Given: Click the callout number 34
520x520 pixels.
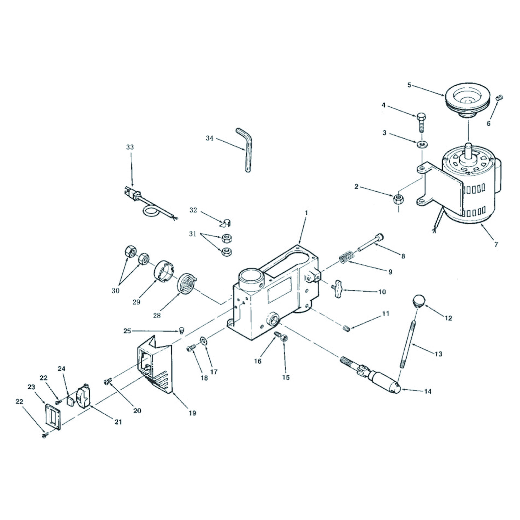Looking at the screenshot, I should click(209, 138).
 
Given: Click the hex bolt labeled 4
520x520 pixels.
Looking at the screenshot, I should click(421, 122).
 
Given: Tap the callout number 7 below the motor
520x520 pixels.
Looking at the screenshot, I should click(496, 244).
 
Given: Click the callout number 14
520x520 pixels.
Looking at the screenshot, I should click(428, 391).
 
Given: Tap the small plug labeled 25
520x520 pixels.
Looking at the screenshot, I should click(182, 330).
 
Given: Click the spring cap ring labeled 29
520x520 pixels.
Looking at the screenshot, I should click(164, 272).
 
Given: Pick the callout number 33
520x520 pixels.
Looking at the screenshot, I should click(130, 147).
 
